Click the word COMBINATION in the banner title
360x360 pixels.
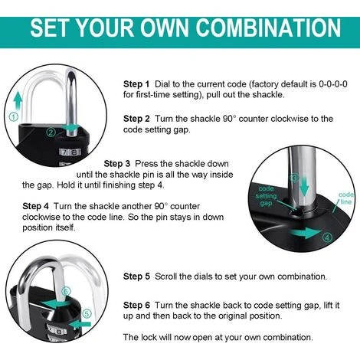click(268, 28)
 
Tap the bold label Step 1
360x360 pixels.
click(136, 84)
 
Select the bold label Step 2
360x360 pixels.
click(136, 119)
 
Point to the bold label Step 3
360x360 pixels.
click(116, 164)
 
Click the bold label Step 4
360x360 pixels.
click(35, 206)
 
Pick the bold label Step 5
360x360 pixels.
click(136, 277)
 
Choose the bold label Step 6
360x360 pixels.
click(136, 305)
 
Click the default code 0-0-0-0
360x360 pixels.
click(333, 84)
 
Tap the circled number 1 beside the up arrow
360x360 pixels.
click(14, 117)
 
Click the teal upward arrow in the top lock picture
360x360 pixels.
click(18, 102)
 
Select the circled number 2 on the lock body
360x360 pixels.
click(51, 133)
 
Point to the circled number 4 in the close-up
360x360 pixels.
click(327, 237)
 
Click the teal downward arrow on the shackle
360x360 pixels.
click(303, 187)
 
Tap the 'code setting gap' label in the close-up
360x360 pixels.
click(266, 196)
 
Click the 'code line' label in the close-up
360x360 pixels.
click(346, 198)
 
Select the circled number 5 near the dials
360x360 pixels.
click(87, 313)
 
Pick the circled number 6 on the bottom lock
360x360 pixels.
click(66, 291)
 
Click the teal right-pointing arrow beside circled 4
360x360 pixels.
click(305, 233)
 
